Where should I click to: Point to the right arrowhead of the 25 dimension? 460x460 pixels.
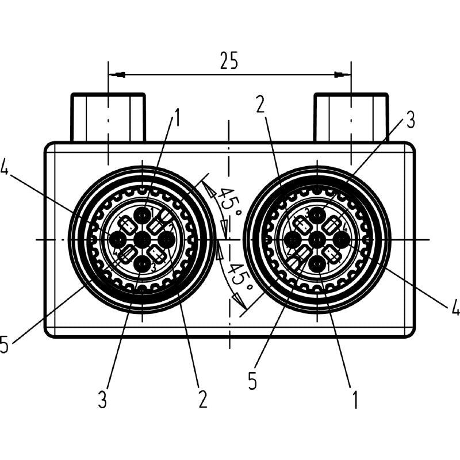pos(343,74)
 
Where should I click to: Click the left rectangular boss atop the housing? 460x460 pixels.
pos(108,117)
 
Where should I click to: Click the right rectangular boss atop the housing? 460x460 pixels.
pos(351,117)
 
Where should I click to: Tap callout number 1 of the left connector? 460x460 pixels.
pos(176,118)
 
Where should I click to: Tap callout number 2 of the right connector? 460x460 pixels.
pos(260,104)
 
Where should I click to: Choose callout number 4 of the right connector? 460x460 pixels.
pos(455,308)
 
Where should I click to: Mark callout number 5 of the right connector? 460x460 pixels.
pos(252,381)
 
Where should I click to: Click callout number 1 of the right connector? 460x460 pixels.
pos(355,399)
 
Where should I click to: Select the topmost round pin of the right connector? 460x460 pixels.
pos(317,215)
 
